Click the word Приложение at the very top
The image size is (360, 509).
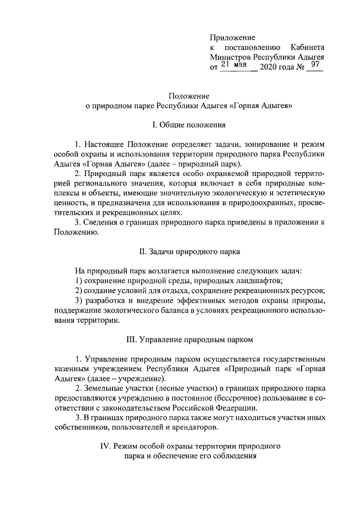tap(232, 37)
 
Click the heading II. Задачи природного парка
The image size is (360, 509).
tap(188, 251)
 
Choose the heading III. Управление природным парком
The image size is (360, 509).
tap(188, 340)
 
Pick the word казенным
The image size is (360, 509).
tap(74, 369)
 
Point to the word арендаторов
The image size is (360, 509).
tap(190, 428)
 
